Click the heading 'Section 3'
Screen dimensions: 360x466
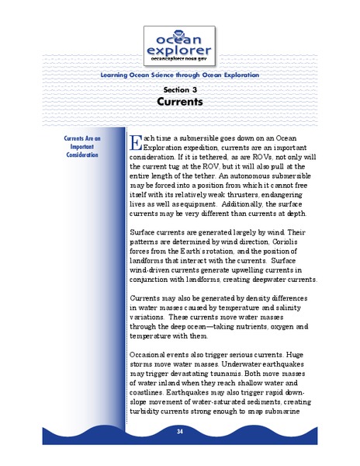(x=179, y=89)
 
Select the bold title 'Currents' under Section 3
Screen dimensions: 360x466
(x=179, y=101)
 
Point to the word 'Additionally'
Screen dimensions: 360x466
(x=251, y=203)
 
